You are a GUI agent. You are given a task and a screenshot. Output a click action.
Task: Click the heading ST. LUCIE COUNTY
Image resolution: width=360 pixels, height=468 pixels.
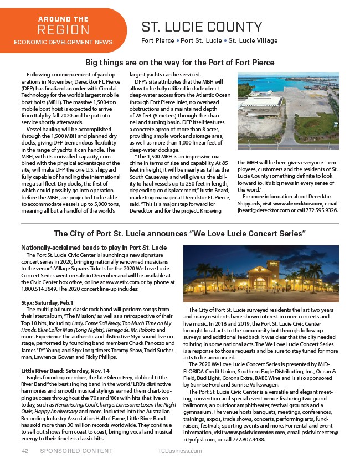point(202,27)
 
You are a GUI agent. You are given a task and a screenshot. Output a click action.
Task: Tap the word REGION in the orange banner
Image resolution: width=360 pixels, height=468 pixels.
point(63,29)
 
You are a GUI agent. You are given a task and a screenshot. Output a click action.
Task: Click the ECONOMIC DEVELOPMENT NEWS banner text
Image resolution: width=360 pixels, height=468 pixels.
point(63,42)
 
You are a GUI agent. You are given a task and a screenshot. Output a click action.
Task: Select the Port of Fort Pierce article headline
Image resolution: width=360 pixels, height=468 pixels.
point(180,63)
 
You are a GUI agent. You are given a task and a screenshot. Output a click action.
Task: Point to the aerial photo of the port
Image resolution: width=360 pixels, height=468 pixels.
point(287,115)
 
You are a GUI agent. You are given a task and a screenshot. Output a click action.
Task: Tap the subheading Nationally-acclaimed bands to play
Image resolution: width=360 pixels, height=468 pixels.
point(94,246)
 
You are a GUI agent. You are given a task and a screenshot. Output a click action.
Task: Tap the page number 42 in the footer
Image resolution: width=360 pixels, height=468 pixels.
point(24,451)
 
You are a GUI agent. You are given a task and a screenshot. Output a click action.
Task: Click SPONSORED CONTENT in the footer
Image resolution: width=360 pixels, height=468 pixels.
point(76,451)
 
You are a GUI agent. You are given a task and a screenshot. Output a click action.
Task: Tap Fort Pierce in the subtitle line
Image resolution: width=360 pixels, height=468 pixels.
point(158,41)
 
